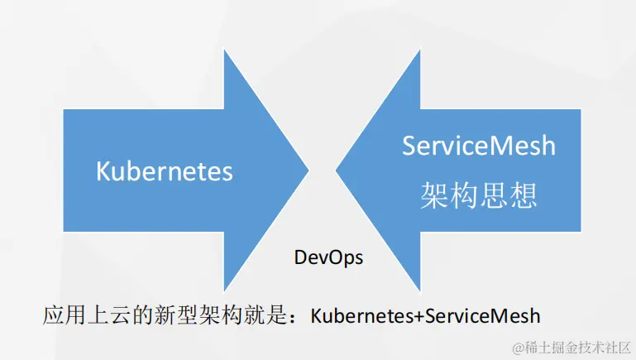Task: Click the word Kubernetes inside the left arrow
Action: point(165,171)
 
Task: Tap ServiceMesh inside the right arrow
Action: point(479,146)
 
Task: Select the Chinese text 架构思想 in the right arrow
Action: point(479,194)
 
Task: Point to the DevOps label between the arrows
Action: point(329,257)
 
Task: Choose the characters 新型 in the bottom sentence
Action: point(182,315)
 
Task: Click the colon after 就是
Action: point(295,316)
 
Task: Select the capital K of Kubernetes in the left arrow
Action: point(103,171)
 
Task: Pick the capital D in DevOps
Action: point(300,257)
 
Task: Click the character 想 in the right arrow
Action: point(524,194)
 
